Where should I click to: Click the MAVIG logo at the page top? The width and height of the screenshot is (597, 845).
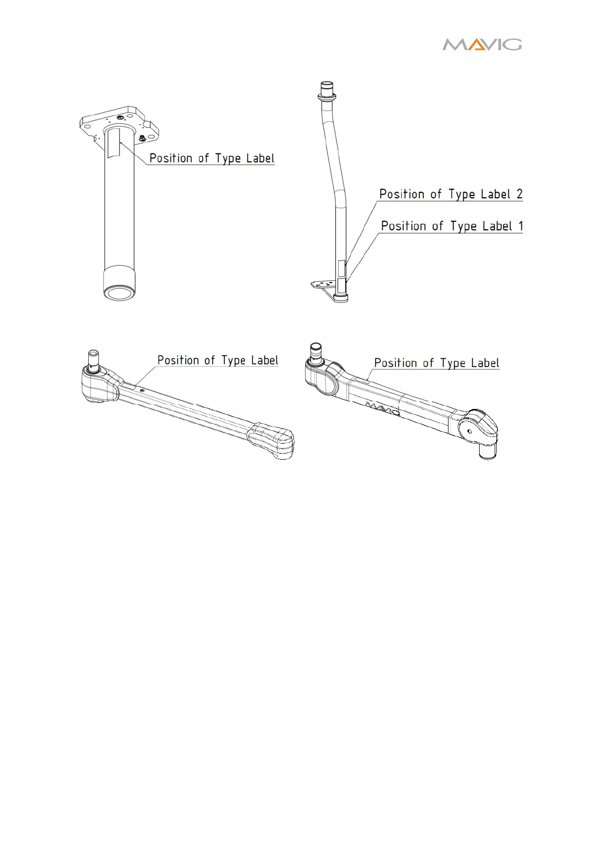point(482,45)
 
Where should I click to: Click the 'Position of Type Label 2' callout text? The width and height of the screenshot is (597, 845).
point(451,194)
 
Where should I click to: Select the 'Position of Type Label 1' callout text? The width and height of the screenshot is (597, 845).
point(452,226)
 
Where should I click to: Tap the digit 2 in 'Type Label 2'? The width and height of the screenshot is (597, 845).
point(519,194)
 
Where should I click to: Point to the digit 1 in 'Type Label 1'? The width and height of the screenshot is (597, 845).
point(521,226)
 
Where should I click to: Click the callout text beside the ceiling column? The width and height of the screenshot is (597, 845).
point(212,159)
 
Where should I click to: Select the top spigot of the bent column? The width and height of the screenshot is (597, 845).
point(327,89)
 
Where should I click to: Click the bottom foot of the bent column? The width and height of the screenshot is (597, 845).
point(341,298)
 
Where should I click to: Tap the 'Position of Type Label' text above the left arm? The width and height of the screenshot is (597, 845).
point(218,360)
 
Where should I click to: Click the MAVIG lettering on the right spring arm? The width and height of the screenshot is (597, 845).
point(382,407)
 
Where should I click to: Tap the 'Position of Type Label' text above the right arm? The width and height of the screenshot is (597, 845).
point(436,363)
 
